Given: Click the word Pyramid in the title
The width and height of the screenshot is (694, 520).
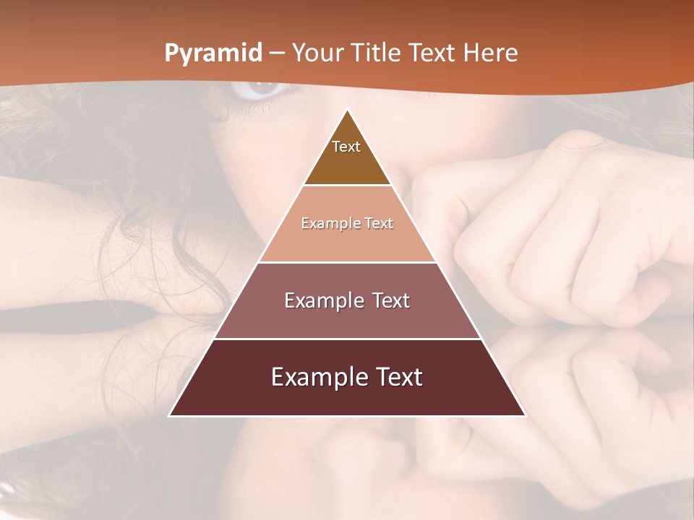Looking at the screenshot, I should (x=213, y=53).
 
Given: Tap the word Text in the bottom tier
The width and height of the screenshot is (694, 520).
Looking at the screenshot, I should (x=397, y=377).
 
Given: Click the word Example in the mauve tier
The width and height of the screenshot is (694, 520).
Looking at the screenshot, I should (x=322, y=300).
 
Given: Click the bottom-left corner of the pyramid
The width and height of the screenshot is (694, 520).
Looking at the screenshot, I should (x=170, y=415).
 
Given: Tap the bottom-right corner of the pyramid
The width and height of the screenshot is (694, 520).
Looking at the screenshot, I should (x=525, y=415).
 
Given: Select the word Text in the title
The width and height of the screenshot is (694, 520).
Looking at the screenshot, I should (x=432, y=53).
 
